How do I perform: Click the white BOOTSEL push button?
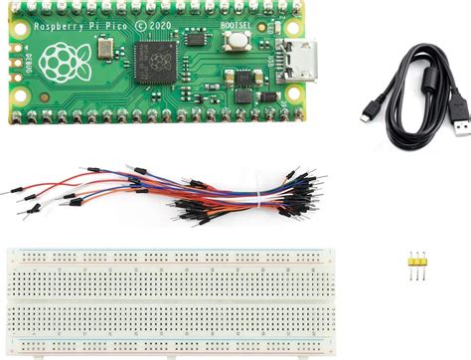[x=238, y=42]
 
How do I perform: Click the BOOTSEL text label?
[x=236, y=22]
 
